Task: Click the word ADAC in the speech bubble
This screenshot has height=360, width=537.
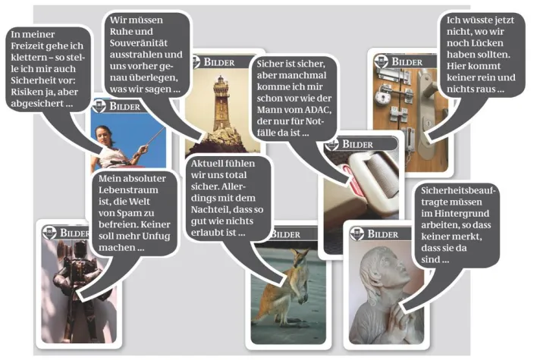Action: pos(318,110)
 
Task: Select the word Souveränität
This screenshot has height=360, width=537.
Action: pos(139,43)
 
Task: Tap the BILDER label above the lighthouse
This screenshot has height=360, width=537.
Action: pos(219,62)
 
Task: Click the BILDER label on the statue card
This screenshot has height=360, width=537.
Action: pos(383,234)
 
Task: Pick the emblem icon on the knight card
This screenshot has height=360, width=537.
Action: pos(49,233)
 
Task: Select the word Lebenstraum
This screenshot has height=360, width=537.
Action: pos(128,190)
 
